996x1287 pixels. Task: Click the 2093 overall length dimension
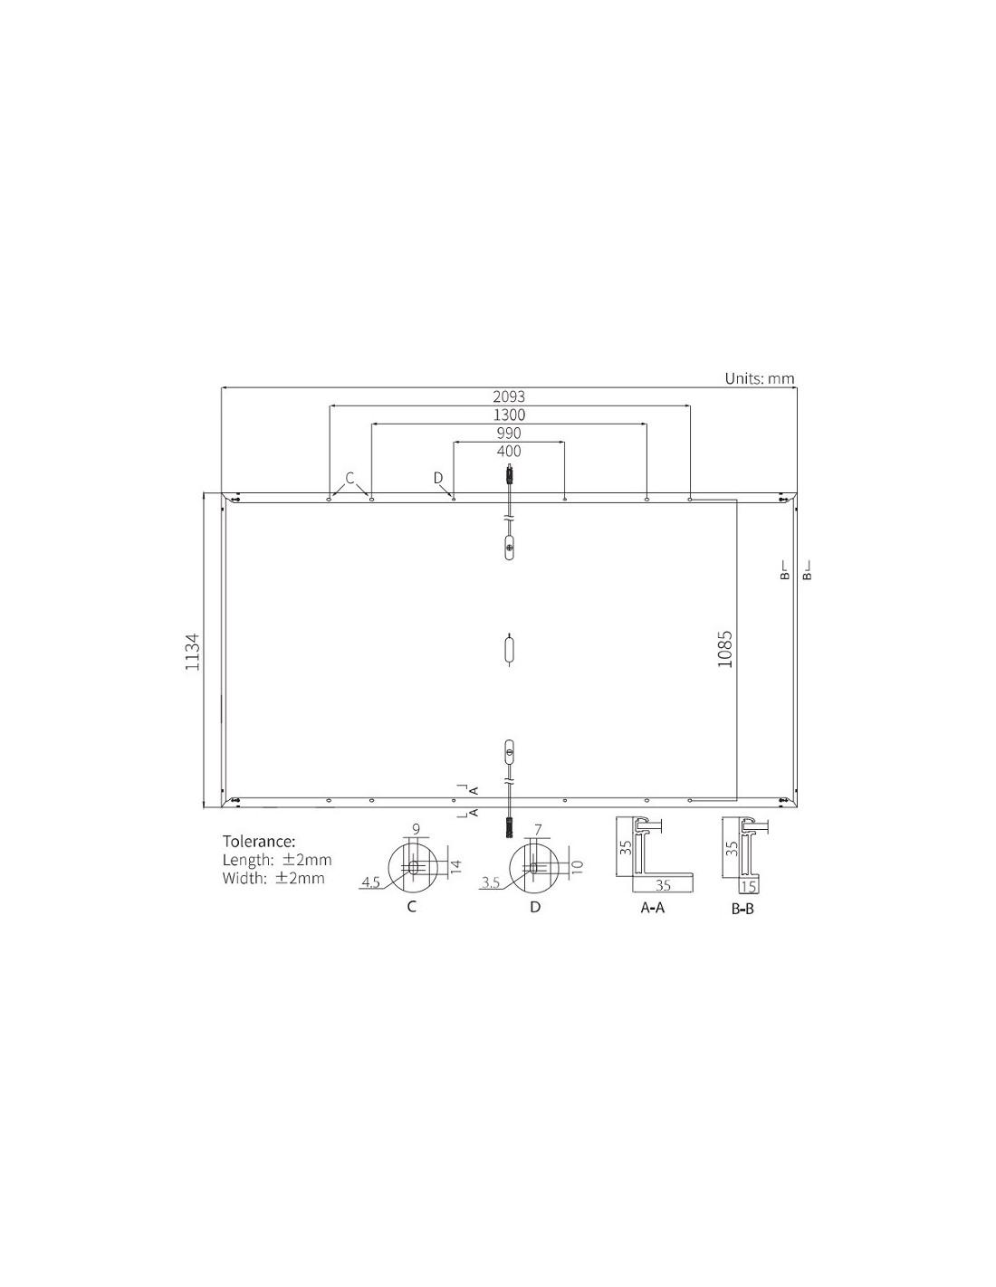tap(508, 396)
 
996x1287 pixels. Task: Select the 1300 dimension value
tap(508, 415)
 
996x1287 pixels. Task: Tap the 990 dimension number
tap(508, 433)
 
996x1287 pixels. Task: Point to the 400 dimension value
tap(508, 451)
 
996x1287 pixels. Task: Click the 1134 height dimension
tap(192, 651)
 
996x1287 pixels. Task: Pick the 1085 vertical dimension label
tap(724, 649)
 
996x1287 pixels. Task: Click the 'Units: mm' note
tap(760, 378)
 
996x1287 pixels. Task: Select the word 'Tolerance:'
tap(259, 842)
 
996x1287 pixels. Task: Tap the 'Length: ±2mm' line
tap(277, 860)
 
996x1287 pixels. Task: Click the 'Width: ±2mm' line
tap(273, 878)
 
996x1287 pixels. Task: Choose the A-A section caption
tap(653, 907)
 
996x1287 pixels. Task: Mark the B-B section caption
tap(742, 908)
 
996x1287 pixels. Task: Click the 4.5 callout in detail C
tap(370, 882)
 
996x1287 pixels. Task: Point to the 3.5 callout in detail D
tap(490, 882)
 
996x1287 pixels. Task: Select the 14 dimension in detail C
tap(455, 867)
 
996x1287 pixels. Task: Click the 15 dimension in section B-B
tap(748, 886)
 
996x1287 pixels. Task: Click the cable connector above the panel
tap(510, 473)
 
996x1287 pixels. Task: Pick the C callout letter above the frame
tap(350, 477)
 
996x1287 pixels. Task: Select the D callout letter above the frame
tap(438, 477)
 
